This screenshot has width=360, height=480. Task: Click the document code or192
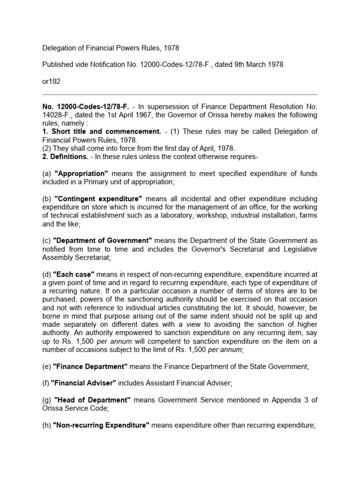pos(52,81)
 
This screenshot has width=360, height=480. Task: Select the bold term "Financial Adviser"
pos(84,383)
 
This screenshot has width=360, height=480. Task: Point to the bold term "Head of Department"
pos(92,400)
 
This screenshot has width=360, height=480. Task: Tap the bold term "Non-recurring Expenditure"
pos(101,425)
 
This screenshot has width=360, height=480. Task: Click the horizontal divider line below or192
pos(180,95)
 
